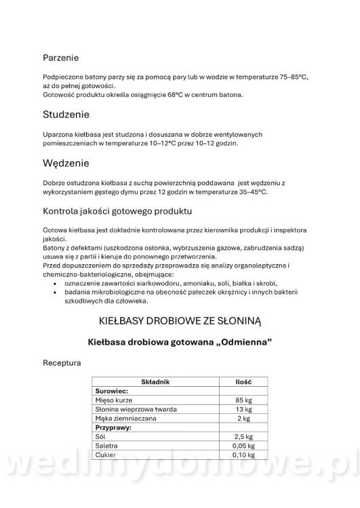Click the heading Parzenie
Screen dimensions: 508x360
61,58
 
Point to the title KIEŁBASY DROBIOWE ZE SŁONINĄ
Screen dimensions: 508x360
180,318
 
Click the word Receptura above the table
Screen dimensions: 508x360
62,363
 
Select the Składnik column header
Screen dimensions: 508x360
155,382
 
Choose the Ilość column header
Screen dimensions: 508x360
243,382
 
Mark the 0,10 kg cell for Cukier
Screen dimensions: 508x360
242,456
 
